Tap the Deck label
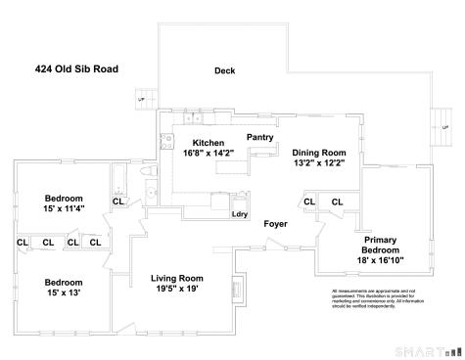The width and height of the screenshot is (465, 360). [225, 70]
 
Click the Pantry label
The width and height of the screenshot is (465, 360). [259, 138]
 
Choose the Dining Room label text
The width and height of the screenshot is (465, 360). [318, 153]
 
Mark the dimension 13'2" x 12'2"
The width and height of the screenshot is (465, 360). [318, 163]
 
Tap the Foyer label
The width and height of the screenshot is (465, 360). [275, 224]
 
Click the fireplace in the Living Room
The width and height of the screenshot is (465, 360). [235, 290]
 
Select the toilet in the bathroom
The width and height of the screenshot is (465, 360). [149, 172]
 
